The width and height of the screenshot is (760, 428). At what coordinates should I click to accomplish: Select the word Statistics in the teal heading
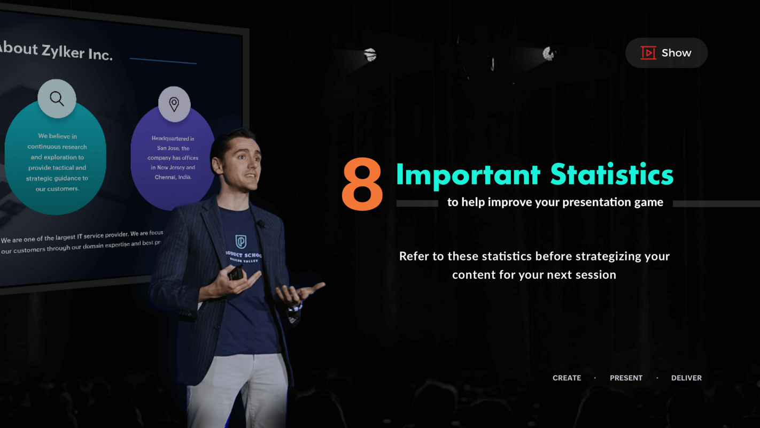pos(611,174)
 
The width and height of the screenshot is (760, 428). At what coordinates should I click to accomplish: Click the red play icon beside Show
pos(648,52)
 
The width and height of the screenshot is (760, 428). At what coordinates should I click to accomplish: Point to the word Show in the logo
pos(676,53)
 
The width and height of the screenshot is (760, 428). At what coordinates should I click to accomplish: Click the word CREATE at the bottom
pos(567,378)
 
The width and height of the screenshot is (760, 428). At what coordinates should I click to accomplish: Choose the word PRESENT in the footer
pos(626,378)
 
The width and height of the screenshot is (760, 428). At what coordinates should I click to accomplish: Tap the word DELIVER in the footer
pos(686,378)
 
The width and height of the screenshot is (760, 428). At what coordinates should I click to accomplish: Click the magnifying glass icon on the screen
pos(57,98)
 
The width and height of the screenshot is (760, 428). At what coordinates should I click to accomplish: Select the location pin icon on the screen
pos(174,104)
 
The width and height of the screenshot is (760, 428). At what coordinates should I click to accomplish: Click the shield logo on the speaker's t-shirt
pos(241,242)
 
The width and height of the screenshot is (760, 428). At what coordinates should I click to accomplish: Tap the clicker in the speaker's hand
pos(236,273)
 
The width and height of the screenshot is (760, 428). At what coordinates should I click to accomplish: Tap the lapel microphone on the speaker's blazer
pos(261,224)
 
